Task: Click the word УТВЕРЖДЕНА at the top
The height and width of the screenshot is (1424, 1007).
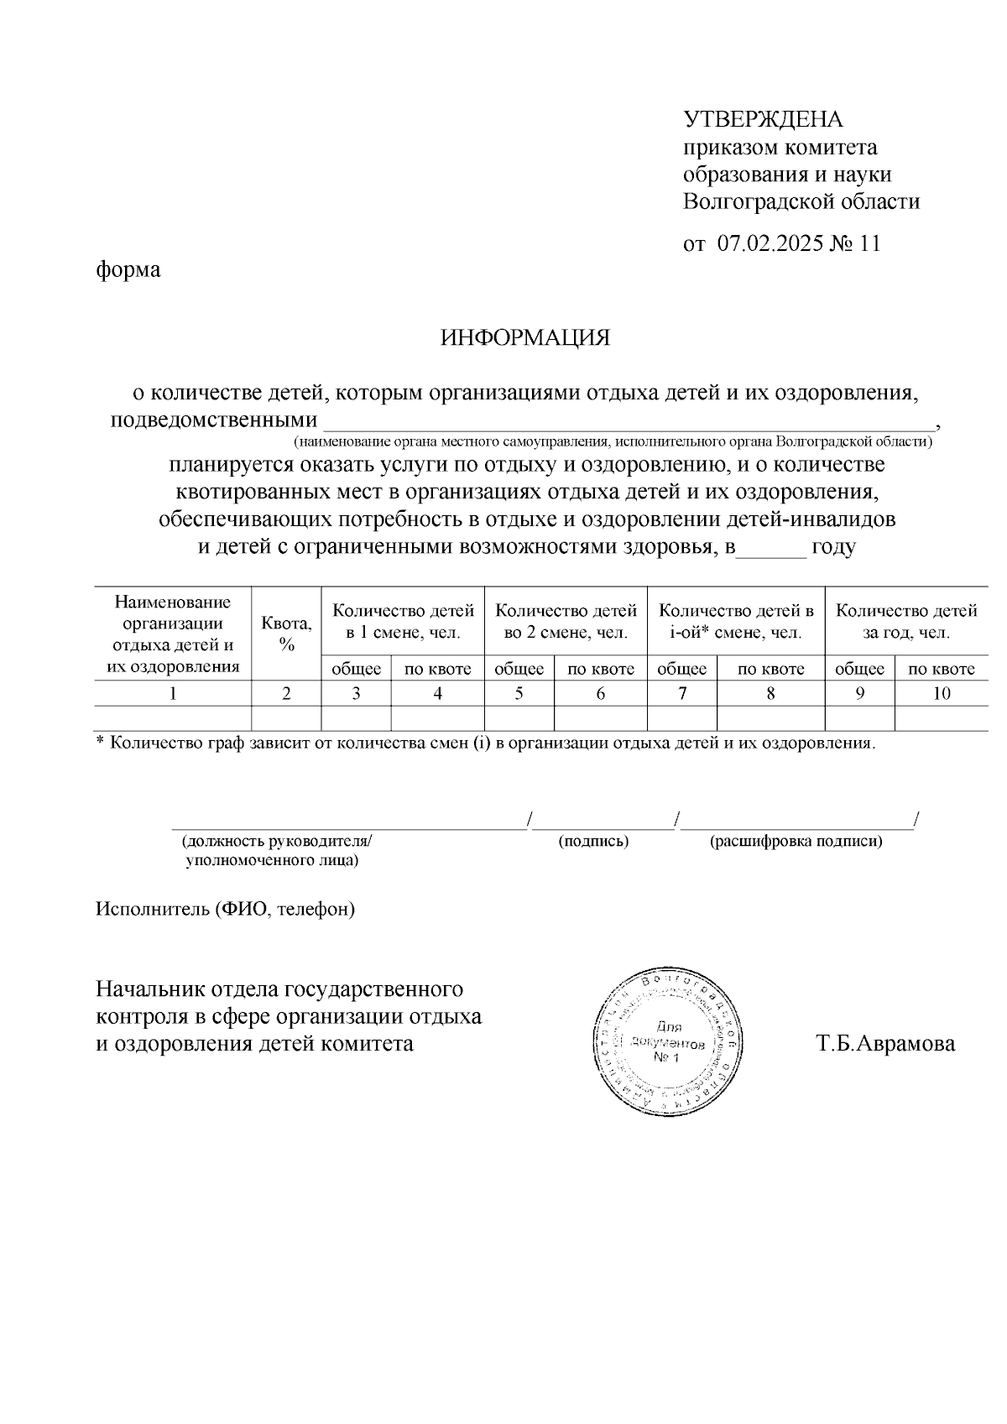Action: click(763, 120)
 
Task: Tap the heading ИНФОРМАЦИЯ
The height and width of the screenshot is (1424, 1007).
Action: click(525, 338)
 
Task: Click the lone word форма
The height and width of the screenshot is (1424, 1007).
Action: click(128, 270)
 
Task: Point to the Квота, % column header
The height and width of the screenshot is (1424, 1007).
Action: click(286, 634)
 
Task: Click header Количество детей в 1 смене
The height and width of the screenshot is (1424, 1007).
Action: click(403, 621)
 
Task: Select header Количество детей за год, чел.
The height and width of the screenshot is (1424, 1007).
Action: click(906, 621)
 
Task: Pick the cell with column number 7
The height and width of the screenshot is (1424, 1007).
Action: click(682, 693)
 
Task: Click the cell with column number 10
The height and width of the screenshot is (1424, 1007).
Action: click(942, 693)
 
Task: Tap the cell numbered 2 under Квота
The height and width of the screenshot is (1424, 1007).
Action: click(286, 693)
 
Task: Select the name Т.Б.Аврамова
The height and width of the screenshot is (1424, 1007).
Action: click(885, 1044)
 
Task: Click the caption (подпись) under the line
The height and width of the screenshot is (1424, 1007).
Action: click(594, 841)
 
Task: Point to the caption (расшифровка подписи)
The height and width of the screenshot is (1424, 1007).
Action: click(796, 841)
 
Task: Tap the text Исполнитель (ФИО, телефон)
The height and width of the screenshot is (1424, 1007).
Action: click(225, 909)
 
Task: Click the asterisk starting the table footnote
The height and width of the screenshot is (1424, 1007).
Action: click(100, 742)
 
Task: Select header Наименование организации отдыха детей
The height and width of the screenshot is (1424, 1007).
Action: click(173, 634)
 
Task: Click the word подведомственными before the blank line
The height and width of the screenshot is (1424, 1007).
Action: click(214, 420)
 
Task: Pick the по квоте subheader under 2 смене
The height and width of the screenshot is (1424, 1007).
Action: click(601, 669)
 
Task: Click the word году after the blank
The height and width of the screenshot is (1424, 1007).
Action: click(833, 547)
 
